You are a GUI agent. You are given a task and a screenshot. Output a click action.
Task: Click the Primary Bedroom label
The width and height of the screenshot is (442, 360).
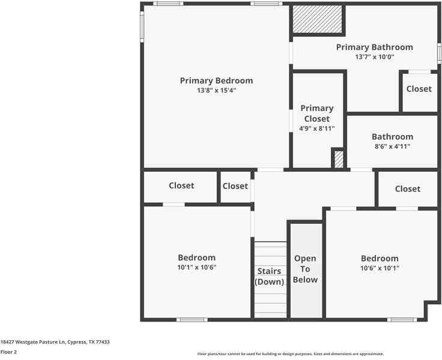tap(216, 80)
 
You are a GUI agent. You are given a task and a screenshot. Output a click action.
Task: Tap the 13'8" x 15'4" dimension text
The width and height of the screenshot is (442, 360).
tap(216, 91)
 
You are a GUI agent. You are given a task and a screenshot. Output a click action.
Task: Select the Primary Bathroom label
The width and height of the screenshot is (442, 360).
tap(374, 47)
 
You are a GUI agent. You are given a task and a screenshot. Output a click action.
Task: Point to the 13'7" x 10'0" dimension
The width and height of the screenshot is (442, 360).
tap(374, 57)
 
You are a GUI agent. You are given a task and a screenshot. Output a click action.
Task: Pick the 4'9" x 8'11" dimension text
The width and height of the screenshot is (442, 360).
tap(317, 128)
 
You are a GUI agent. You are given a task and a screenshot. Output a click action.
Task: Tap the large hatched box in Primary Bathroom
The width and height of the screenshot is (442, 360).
tap(317, 20)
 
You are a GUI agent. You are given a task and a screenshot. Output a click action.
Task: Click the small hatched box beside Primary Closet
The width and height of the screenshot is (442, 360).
tap(339, 159)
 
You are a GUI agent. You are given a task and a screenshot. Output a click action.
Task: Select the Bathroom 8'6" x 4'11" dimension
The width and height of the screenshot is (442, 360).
tap(392, 146)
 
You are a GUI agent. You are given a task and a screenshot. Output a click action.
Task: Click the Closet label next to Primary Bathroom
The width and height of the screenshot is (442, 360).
tap(419, 89)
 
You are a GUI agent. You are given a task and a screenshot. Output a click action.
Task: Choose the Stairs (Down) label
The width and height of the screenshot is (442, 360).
tap(269, 277)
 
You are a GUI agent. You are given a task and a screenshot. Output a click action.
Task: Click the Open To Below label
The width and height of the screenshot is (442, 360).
tap(305, 269)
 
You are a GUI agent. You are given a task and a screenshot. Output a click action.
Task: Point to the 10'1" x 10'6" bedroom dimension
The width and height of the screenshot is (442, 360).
tap(196, 268)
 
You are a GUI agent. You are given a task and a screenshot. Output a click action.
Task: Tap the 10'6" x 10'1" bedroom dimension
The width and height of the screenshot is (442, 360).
tap(379, 268)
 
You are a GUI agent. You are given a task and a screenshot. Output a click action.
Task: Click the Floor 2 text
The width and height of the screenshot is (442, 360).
tap(8, 352)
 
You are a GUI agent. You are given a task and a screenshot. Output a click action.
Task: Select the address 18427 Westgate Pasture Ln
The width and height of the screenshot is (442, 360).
tap(55, 342)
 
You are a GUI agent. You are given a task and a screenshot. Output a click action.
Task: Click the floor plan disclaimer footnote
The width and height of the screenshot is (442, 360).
tap(291, 354)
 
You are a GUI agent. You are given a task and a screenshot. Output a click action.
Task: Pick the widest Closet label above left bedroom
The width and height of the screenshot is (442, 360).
tap(181, 185)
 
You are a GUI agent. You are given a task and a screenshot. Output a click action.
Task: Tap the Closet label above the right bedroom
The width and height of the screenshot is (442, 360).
tap(407, 188)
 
